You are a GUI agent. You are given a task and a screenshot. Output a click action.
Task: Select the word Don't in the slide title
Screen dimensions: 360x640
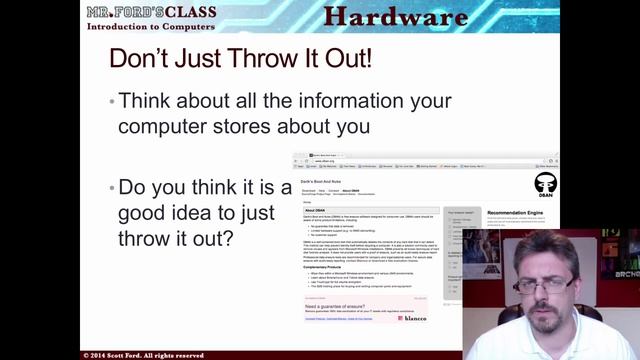tap(140, 58)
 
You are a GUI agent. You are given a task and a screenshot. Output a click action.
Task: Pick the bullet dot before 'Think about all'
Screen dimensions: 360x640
tap(110, 102)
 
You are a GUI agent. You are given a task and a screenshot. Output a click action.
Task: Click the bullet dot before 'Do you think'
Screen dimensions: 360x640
tap(110, 188)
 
